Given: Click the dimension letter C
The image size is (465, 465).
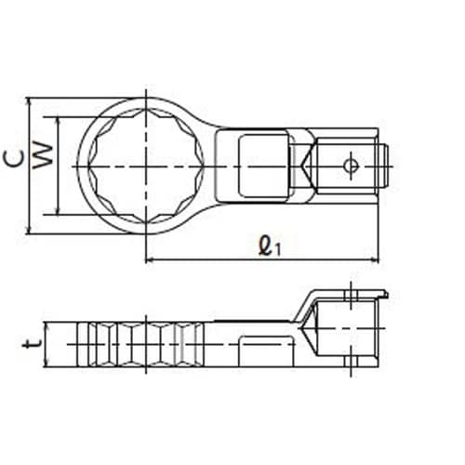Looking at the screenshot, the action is [x=14, y=159].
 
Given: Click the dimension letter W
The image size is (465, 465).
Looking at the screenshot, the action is [x=43, y=156].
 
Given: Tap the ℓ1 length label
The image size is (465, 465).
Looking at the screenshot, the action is [x=270, y=246].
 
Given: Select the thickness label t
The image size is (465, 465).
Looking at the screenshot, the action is [x=33, y=343].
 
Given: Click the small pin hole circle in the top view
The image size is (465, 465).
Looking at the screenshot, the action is [x=352, y=166].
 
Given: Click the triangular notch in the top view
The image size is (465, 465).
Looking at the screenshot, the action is [x=305, y=166].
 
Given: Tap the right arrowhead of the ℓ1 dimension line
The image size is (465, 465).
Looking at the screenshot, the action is [x=376, y=259].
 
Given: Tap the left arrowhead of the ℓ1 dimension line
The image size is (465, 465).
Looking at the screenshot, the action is [x=150, y=259].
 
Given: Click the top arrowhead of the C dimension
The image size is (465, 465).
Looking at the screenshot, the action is [x=29, y=102].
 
